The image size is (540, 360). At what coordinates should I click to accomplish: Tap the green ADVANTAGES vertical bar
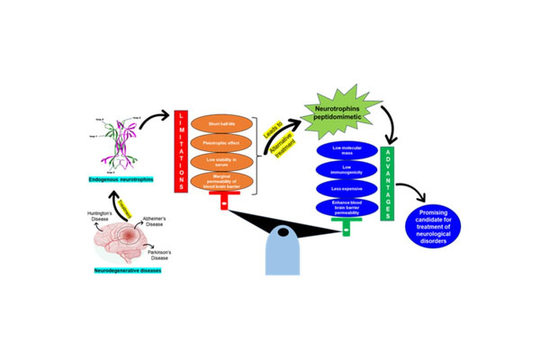(x=388, y=176)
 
